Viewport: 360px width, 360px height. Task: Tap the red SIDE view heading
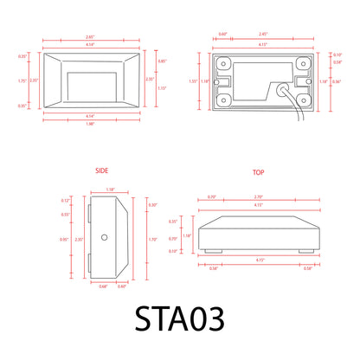tap(101, 172)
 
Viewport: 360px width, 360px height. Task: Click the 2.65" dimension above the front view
tap(89, 37)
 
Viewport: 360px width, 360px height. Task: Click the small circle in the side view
tap(105, 236)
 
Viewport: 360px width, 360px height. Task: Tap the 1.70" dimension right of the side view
tap(153, 238)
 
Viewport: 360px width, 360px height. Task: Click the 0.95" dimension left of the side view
tap(63, 238)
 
